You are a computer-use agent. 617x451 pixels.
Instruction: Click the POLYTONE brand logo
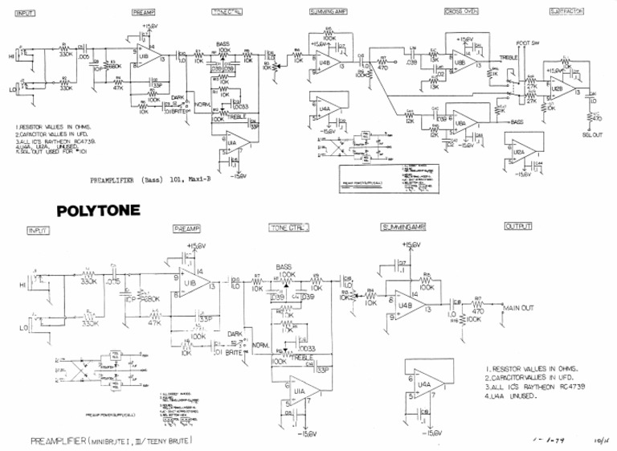click(99, 212)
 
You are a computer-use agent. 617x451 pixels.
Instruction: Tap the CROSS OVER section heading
click(461, 12)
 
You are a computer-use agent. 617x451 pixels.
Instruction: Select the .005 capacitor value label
click(84, 58)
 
